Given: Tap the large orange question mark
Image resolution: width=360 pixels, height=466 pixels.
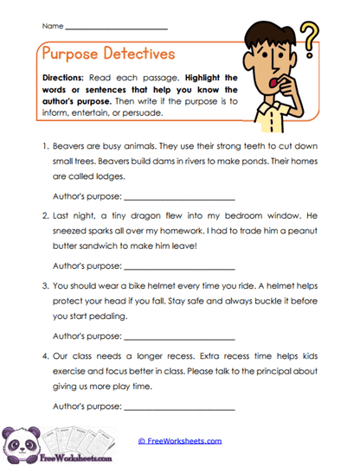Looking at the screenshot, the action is pyautogui.click(x=307, y=41).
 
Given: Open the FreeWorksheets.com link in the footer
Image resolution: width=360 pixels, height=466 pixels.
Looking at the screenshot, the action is pyautogui.click(x=180, y=440).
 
